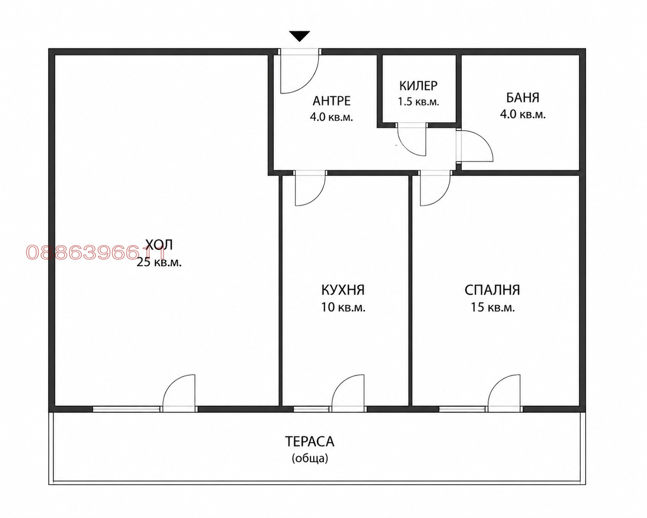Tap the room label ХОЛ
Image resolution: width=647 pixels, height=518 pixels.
click(159, 245)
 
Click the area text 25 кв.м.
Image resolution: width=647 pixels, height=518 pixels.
click(159, 262)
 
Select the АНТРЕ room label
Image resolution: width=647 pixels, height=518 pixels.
click(332, 101)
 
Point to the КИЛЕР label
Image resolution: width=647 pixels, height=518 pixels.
click(418, 86)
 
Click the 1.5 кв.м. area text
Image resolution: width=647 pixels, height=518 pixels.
click(419, 102)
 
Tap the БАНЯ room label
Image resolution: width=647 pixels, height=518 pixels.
click(522, 98)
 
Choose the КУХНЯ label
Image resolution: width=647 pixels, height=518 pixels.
click(343, 290)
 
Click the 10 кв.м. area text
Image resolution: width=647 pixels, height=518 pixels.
click(343, 307)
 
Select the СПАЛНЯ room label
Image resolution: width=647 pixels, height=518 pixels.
click(492, 290)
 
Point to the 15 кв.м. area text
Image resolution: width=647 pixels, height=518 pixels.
click(492, 307)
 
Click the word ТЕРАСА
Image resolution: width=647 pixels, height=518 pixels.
click(310, 442)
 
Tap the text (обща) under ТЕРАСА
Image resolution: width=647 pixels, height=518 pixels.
click(310, 458)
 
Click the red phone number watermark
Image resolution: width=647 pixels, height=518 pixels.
click(96, 253)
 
